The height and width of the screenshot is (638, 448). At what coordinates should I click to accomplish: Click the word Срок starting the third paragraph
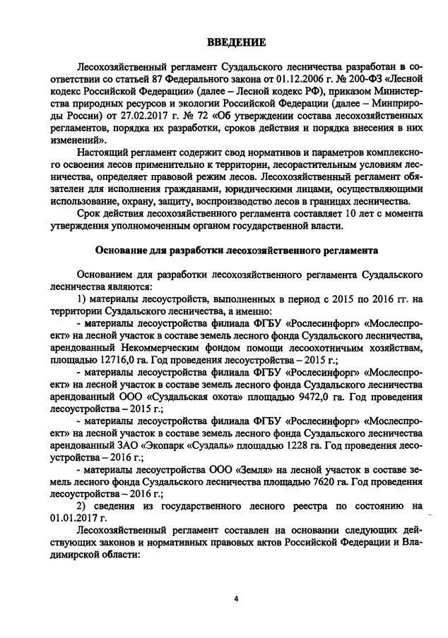point(92,215)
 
